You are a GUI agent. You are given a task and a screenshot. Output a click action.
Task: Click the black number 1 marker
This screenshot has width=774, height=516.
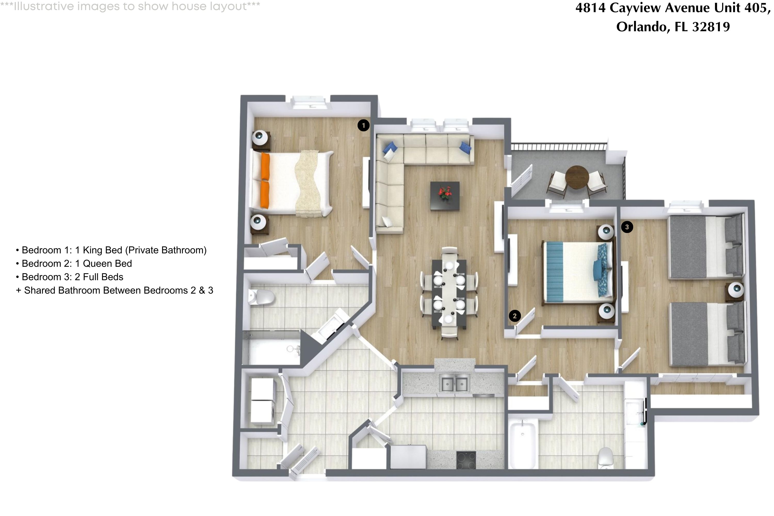pyautogui.click(x=363, y=125)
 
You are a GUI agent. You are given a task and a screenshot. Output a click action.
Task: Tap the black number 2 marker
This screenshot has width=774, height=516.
pyautogui.click(x=515, y=316)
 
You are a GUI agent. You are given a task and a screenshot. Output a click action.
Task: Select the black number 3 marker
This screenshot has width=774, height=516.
pyautogui.click(x=627, y=227)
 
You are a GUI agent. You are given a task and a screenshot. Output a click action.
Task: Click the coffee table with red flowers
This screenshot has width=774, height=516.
pyautogui.click(x=445, y=196)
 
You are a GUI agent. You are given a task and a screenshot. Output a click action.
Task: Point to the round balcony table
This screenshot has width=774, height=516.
pyautogui.click(x=577, y=177)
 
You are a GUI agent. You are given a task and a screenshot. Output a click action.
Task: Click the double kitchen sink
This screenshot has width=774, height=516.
pyautogui.click(x=454, y=384)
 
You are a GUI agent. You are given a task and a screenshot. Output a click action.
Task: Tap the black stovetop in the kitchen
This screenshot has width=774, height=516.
pyautogui.click(x=466, y=460)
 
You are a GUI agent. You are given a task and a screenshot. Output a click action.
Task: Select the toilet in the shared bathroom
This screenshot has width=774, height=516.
pyautogui.click(x=606, y=457)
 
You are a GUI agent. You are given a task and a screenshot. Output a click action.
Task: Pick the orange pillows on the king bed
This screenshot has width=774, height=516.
pyautogui.click(x=265, y=180)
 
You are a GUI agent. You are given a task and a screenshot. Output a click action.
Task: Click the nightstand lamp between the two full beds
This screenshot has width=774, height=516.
pyautogui.click(x=736, y=289)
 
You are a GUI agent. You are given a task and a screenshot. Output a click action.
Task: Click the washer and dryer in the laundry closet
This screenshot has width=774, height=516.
pyautogui.click(x=262, y=401)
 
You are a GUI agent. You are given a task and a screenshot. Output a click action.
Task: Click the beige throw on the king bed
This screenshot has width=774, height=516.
pyautogui.click(x=308, y=183)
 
